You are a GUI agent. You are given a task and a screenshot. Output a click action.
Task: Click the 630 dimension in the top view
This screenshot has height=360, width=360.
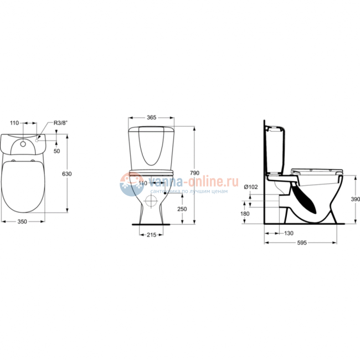tap(66, 174)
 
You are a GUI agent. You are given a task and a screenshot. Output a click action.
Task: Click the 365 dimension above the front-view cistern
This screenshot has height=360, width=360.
tap(151, 117)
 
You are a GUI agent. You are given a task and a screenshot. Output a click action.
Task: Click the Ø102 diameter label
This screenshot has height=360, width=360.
tap(251, 187)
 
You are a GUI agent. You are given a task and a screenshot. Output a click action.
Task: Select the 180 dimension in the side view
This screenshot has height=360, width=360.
tap(246, 214)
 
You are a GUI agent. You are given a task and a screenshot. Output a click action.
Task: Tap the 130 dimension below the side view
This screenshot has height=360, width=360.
tap(289, 234)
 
